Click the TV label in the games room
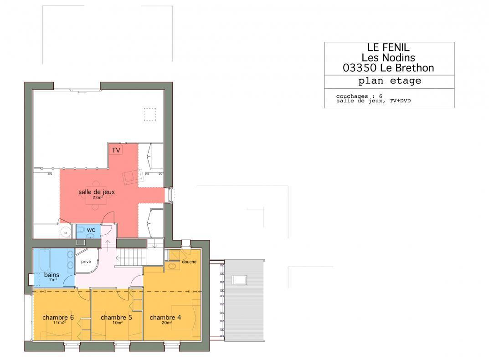(x=116, y=151)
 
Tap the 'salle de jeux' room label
(x=96, y=192)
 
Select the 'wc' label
(x=91, y=230)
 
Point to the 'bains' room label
(x=52, y=275)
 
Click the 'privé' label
(x=86, y=262)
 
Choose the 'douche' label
(x=189, y=262)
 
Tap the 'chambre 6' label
(x=58, y=317)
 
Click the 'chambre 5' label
(x=116, y=317)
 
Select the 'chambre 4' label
(x=165, y=317)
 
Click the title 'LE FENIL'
(x=388, y=47)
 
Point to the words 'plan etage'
(x=390, y=81)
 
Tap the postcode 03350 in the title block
(x=360, y=68)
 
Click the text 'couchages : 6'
(x=359, y=96)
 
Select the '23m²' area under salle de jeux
(x=98, y=197)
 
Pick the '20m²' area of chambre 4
(x=167, y=323)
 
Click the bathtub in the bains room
(x=44, y=260)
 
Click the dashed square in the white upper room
(x=150, y=114)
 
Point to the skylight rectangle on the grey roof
(x=239, y=280)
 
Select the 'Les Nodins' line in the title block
(x=388, y=58)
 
